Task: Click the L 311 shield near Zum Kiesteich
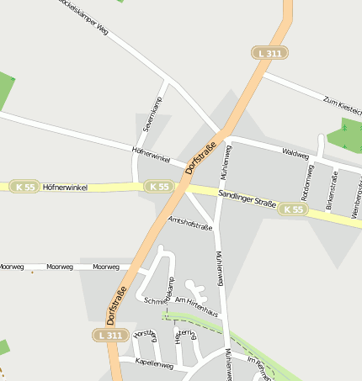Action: [x=271, y=53]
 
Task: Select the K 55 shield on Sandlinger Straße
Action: [x=294, y=209]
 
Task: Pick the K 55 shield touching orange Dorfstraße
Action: [x=158, y=186]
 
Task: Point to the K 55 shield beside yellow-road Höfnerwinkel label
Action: [x=24, y=187]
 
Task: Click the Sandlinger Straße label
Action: [x=247, y=199]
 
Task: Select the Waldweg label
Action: [x=296, y=156]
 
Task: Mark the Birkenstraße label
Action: [x=331, y=188]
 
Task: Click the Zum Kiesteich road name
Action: [x=342, y=104]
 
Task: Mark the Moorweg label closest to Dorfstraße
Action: [x=106, y=267]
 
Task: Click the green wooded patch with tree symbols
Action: [x=346, y=137]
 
